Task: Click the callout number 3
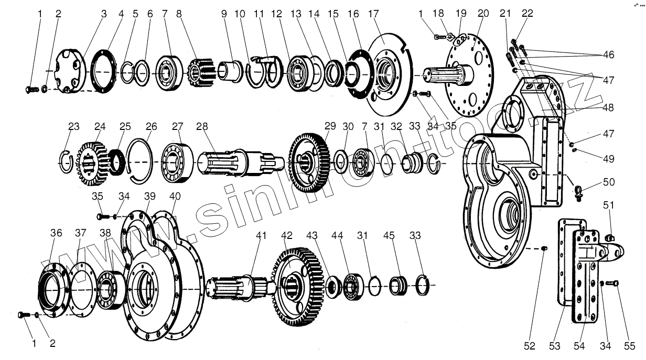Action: coord(104,14)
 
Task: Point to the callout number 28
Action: coord(202,126)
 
